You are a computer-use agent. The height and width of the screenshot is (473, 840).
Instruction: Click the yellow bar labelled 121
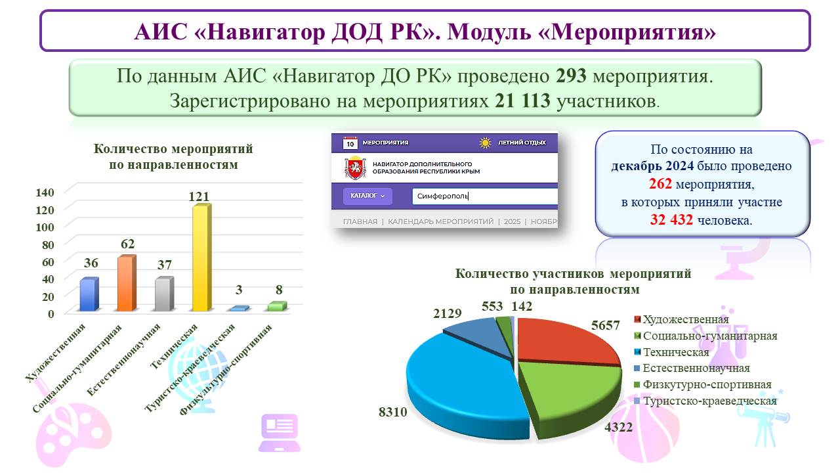(x=201, y=258)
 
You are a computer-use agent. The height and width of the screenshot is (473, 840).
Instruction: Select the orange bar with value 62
(x=127, y=283)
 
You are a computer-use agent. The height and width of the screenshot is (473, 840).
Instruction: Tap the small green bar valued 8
(x=278, y=306)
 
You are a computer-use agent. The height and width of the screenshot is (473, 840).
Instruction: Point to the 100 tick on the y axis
(x=45, y=227)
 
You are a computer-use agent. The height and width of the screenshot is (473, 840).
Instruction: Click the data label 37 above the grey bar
(x=164, y=265)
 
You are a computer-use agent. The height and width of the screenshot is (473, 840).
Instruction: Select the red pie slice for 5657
(x=562, y=340)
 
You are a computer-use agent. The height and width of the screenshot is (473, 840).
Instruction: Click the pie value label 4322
(x=618, y=427)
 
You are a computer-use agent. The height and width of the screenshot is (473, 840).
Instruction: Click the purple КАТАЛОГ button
(x=367, y=196)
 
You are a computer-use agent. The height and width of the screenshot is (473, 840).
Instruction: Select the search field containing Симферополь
(x=485, y=196)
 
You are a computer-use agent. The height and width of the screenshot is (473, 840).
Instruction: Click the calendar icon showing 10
(x=350, y=143)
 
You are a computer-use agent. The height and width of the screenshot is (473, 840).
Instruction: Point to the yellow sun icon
(x=485, y=143)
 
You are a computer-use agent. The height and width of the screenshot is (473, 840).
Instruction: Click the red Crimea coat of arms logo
(x=355, y=168)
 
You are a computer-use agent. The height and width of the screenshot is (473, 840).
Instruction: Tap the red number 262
(x=660, y=184)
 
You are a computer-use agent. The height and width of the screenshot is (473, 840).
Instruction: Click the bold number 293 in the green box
(x=571, y=76)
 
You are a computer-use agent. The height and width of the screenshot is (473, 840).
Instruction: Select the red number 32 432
(x=671, y=220)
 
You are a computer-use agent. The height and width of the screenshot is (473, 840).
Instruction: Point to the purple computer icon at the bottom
(x=280, y=432)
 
